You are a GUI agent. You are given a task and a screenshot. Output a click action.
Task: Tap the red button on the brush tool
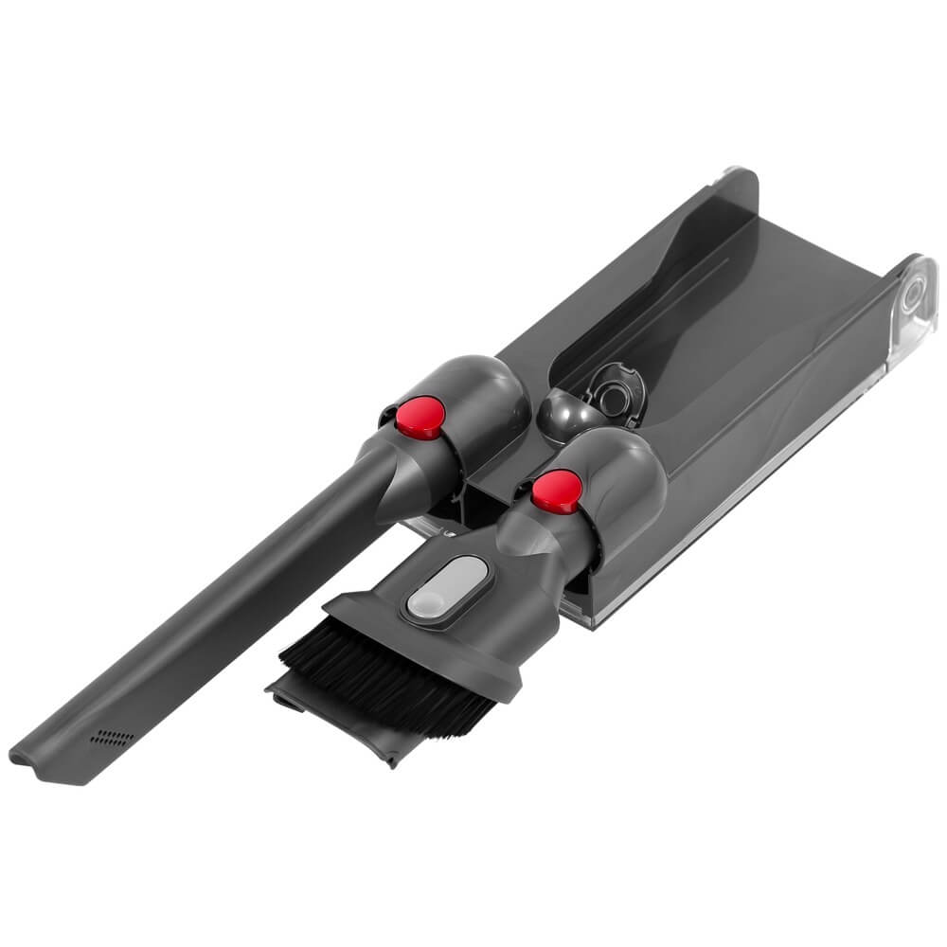(557, 488)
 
